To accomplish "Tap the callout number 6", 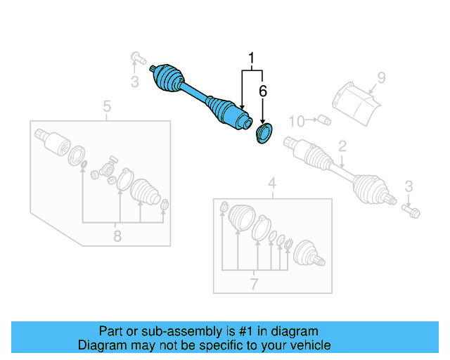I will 263,91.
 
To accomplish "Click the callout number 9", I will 381,77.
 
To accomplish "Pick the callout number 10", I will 296,122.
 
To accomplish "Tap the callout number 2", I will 342,146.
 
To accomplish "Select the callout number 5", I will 107,106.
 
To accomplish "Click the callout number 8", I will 117,236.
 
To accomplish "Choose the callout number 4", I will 272,185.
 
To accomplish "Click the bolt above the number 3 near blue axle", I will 136,56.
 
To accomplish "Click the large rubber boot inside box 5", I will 146,192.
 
